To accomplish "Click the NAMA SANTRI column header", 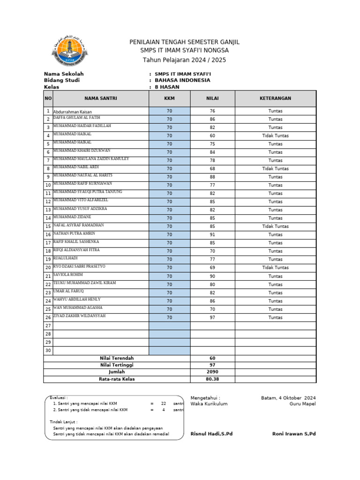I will click(x=101, y=98).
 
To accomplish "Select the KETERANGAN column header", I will click(x=275, y=98).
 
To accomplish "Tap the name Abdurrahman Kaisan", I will click(x=72, y=112).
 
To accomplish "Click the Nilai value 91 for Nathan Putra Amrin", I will click(x=212, y=234).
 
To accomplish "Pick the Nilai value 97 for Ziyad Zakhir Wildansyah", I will click(x=212, y=317).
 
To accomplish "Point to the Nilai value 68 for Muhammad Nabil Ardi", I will click(x=212, y=169).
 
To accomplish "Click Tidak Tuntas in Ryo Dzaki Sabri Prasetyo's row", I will click(x=275, y=268).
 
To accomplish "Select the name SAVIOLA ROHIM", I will click(x=68, y=275).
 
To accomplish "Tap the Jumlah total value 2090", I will click(x=212, y=372).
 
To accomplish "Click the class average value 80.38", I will click(x=212, y=379).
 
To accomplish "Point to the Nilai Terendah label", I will click(x=117, y=358).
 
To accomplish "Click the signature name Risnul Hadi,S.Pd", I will click(x=211, y=434).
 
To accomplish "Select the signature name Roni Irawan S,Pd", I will click(x=294, y=434).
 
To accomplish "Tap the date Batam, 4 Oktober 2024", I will click(x=288, y=398).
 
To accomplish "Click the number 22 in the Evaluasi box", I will click(x=164, y=403).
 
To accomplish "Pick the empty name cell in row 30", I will click(x=101, y=351).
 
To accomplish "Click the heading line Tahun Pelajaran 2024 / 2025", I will click(x=184, y=60).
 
